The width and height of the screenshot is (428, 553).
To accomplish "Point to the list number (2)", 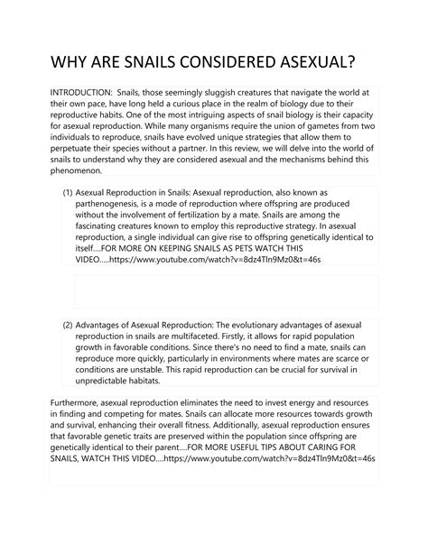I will point(67,324).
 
